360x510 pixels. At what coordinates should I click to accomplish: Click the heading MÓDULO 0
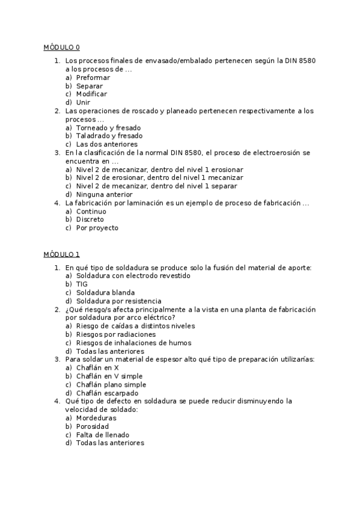click(61, 47)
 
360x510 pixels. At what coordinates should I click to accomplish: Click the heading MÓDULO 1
click(61, 254)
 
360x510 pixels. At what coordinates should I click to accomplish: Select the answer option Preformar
click(93, 78)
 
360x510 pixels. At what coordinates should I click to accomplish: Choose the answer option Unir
click(83, 102)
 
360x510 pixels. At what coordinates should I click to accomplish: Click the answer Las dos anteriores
click(106, 144)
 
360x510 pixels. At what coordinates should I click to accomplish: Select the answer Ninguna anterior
click(104, 194)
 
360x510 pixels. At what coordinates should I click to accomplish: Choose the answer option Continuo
click(91, 211)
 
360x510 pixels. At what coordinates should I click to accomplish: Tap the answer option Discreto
click(90, 220)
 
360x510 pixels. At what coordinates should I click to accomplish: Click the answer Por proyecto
click(97, 228)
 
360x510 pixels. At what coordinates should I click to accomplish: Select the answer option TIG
click(82, 284)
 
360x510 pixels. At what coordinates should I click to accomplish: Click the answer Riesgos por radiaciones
click(115, 334)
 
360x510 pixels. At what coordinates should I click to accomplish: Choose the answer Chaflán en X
click(97, 367)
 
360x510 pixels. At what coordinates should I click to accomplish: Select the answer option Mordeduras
click(96, 417)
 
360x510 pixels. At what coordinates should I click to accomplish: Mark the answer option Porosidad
click(93, 426)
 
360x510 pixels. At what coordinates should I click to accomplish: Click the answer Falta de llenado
click(102, 434)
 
